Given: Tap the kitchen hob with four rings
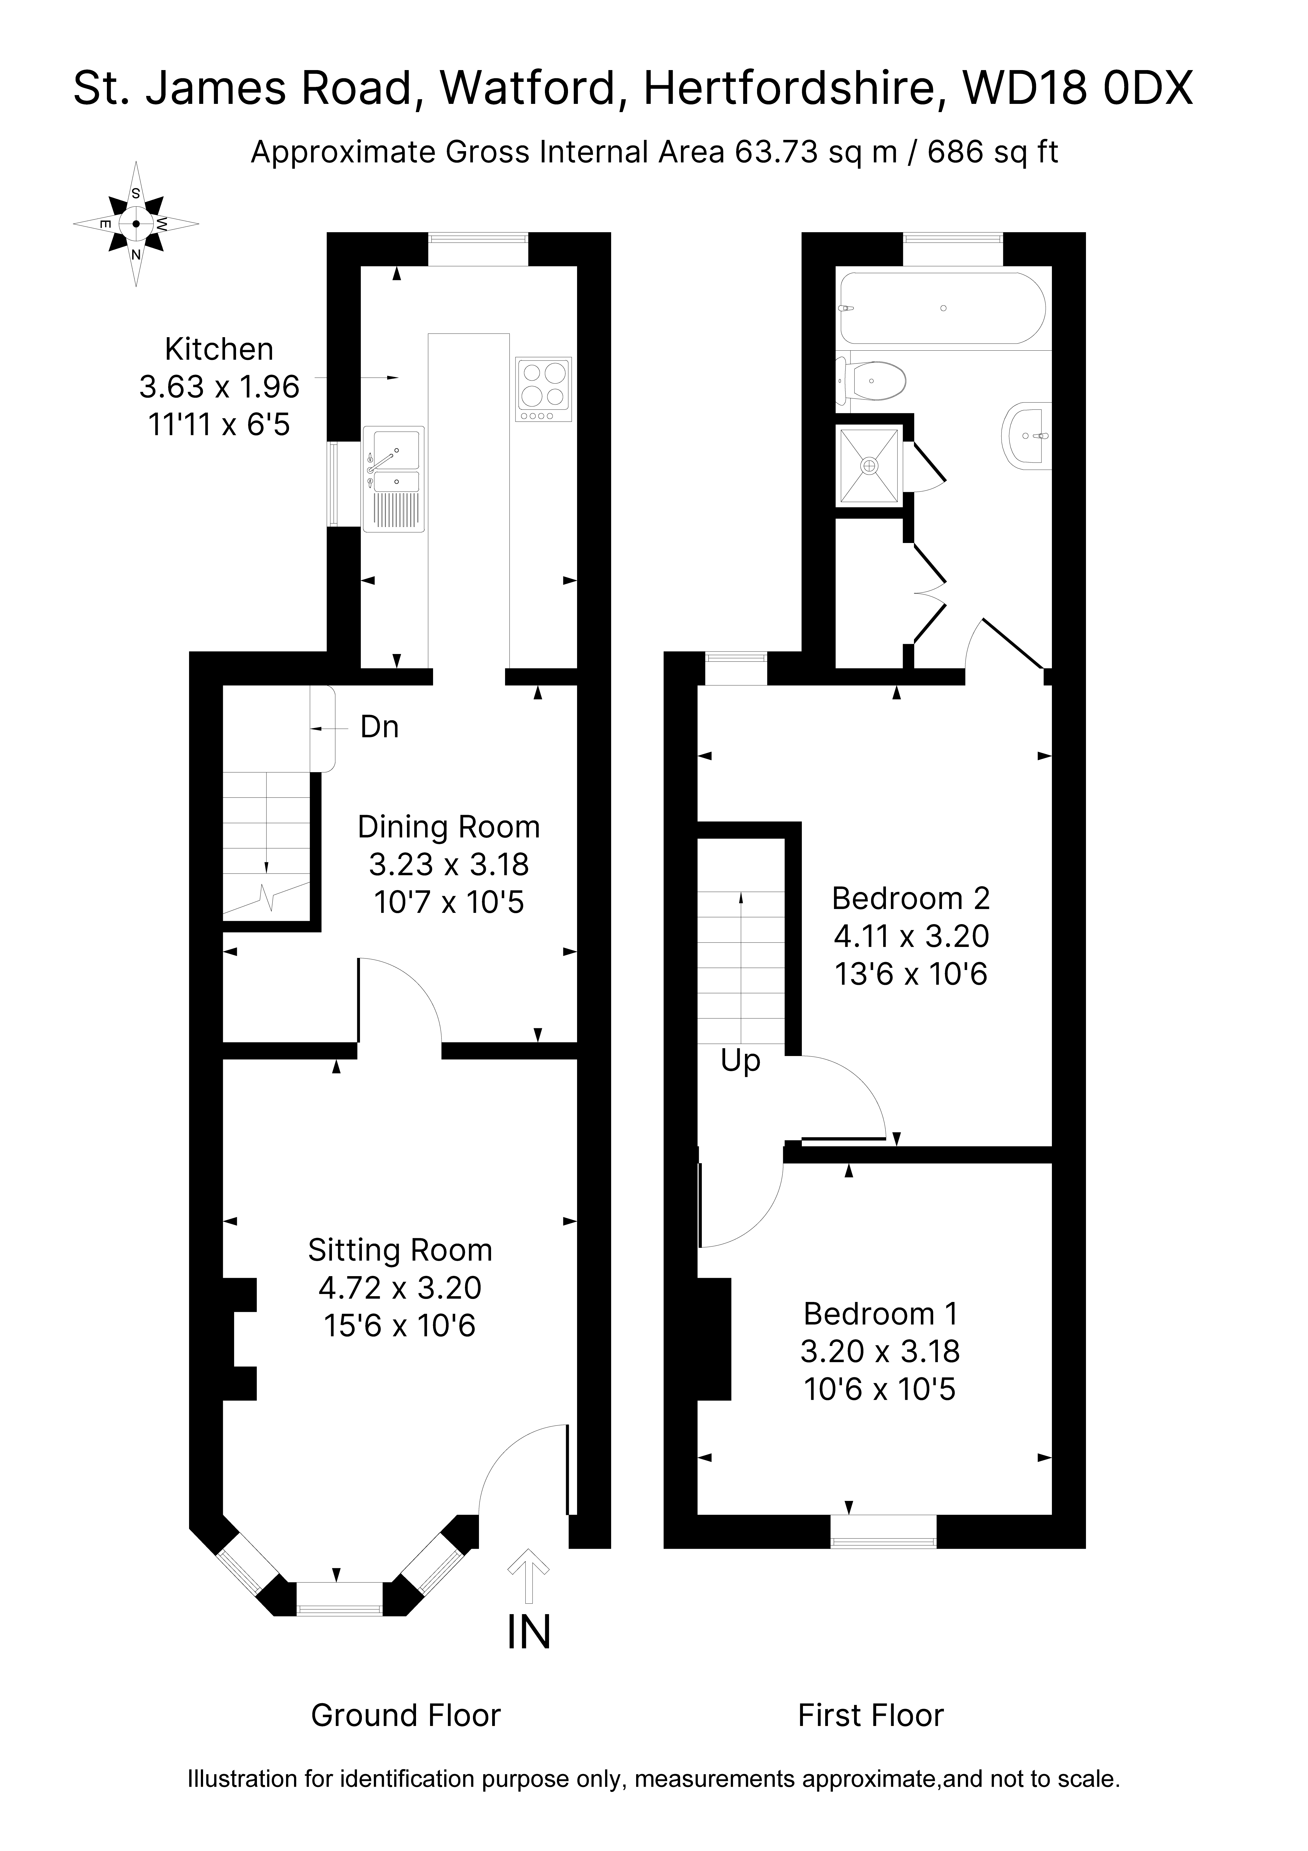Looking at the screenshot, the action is pos(544,389).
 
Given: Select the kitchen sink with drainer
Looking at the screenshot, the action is pos(393,479).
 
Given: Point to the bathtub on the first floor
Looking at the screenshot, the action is pos(943,308).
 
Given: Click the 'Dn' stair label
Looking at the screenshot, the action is pos(379,727).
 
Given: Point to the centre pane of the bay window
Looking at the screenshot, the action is pos(339,1600).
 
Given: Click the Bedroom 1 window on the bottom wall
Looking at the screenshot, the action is pos(884,1532).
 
